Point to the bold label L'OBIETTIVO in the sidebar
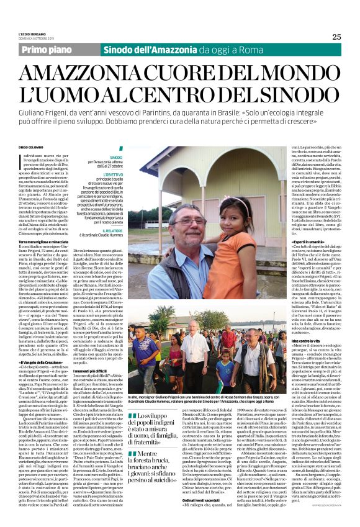(112, 176)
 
